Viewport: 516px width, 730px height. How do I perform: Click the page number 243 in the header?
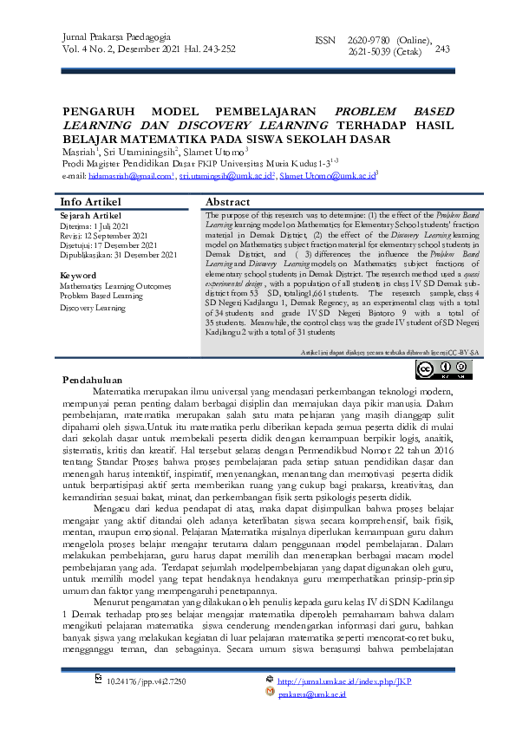[x=442, y=49]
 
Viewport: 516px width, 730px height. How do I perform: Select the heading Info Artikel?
[x=90, y=201]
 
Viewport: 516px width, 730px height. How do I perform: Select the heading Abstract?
[x=227, y=201]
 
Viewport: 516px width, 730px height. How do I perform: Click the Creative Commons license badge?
[x=444, y=370]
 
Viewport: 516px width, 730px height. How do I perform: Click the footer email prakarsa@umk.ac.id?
[x=312, y=694]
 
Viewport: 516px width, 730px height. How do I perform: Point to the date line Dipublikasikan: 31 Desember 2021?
[x=119, y=255]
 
